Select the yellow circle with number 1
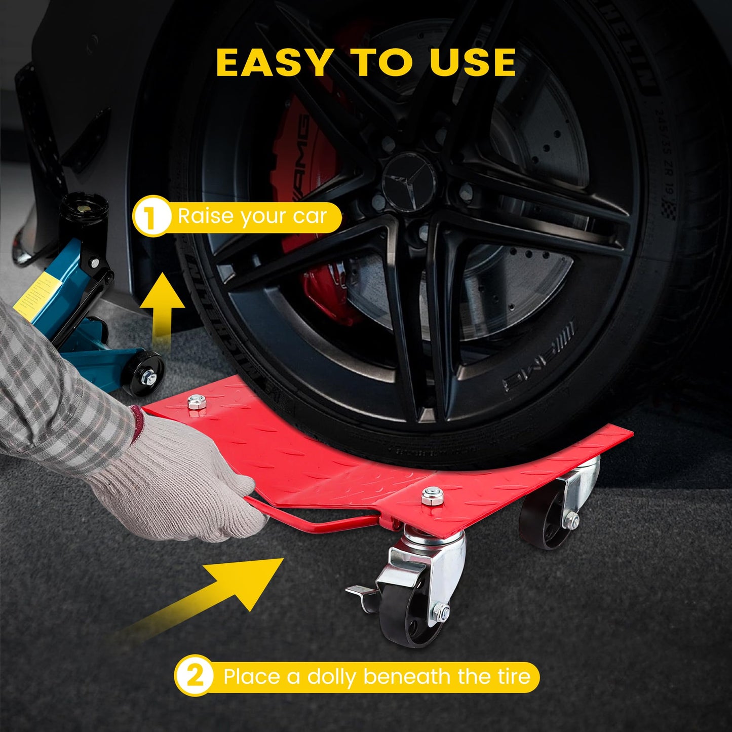click(150, 216)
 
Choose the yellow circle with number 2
click(194, 676)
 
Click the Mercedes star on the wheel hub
click(409, 181)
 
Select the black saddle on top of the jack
click(84, 208)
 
